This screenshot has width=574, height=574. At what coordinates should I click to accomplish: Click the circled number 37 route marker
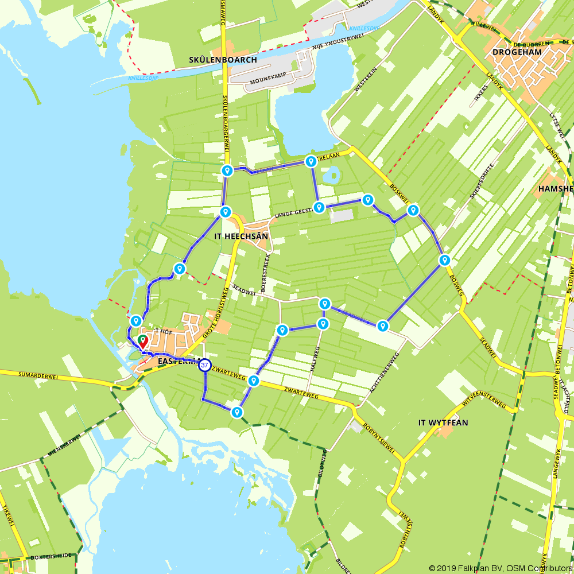(204, 365)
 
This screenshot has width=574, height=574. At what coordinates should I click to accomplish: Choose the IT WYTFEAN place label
(443, 423)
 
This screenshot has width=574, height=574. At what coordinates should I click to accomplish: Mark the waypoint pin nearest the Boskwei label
(413, 211)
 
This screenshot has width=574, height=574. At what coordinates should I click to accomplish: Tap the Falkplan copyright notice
(500, 568)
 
